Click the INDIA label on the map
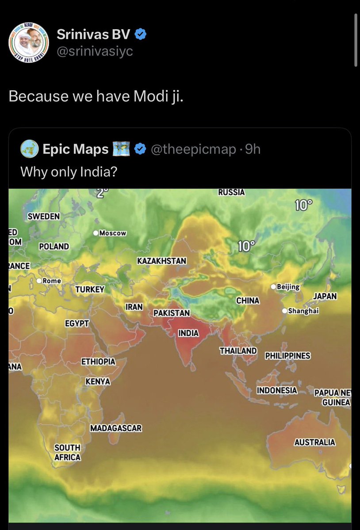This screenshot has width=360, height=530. click(188, 333)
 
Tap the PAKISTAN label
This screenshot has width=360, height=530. click(172, 313)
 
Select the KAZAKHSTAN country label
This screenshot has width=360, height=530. click(161, 261)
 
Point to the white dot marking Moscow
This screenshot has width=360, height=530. click(96, 233)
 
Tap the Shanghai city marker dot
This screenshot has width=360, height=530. click(284, 311)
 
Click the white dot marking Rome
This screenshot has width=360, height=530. click(39, 281)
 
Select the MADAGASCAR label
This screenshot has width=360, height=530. click(116, 428)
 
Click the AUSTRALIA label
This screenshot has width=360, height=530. click(314, 442)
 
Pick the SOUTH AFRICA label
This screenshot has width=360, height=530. click(67, 453)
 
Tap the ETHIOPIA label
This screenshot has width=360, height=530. click(98, 362)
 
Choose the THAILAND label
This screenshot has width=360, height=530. click(238, 351)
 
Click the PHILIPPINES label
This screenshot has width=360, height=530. click(287, 356)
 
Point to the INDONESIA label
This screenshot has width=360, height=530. click(277, 390)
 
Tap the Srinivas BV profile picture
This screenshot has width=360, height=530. click(27, 41)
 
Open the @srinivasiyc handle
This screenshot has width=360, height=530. click(95, 51)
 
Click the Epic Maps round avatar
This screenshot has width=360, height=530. click(29, 150)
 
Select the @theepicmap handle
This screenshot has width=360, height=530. click(194, 150)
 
